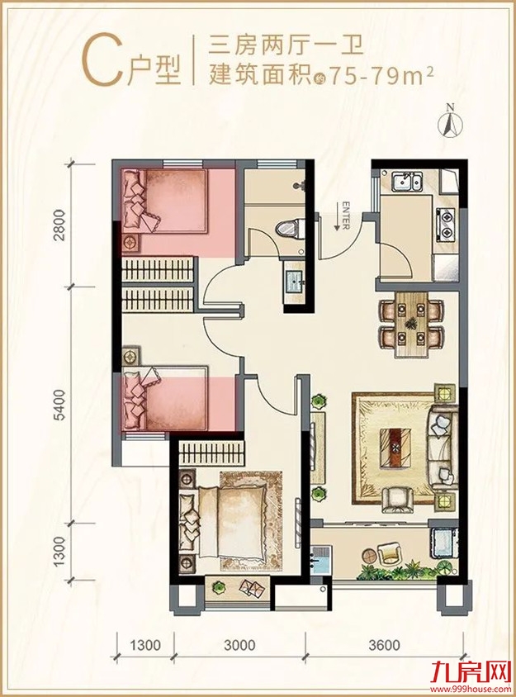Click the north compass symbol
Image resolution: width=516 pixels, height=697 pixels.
(x=451, y=121)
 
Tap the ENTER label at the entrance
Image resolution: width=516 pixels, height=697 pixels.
(x=345, y=216)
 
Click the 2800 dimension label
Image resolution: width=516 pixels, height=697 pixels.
(x=59, y=225)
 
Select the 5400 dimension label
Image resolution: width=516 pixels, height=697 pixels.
(x=59, y=405)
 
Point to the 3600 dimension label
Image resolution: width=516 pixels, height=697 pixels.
(x=384, y=643)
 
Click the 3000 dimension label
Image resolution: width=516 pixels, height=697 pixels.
(x=239, y=643)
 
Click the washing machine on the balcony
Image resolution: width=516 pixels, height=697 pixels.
(x=443, y=542)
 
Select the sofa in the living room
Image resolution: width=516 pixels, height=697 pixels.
(x=442, y=449)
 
